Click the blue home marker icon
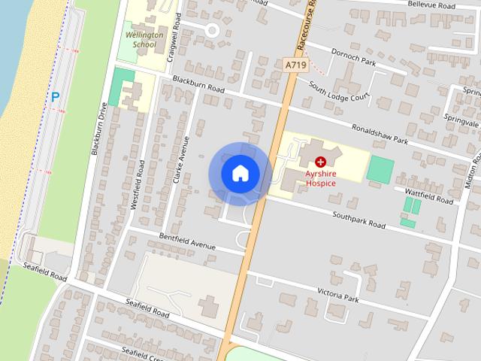pyautogui.click(x=240, y=173)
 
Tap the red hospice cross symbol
pyautogui.click(x=321, y=161)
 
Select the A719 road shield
pyautogui.click(x=296, y=66)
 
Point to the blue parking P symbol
pyautogui.click(x=55, y=96)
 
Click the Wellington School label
pyautogui.click(x=139, y=39)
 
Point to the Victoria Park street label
pyautogui.click(x=338, y=294)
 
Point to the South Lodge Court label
pyautogui.click(x=340, y=91)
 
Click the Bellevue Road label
pyautogui.click(x=430, y=5)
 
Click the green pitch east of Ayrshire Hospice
pyautogui.click(x=380, y=169)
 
